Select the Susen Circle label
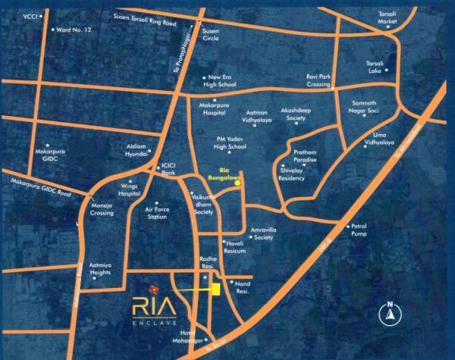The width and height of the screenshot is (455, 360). pos(210,35)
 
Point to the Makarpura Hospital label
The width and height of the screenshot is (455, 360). pos(213,108)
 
